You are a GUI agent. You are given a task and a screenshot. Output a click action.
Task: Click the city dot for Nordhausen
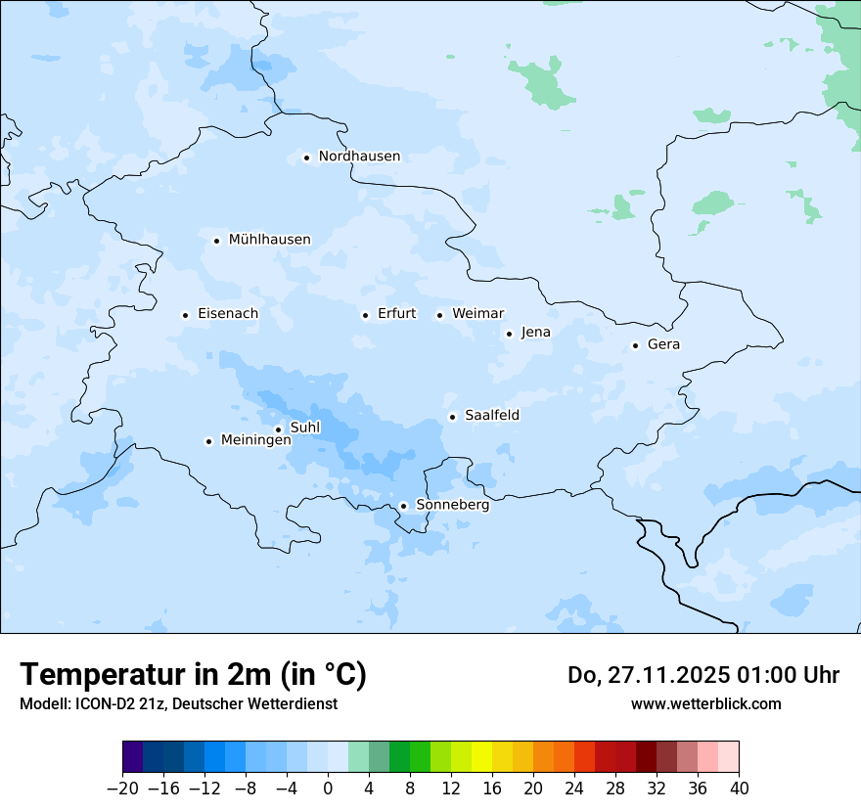pyautogui.click(x=306, y=157)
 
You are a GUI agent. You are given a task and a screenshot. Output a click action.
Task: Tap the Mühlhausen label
pyautogui.click(x=269, y=240)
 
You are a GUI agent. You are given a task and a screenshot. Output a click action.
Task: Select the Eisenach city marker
pyautogui.click(x=185, y=315)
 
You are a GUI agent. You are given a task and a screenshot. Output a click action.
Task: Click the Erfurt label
pyautogui.click(x=396, y=314)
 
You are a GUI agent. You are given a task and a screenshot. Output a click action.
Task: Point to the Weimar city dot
pyautogui.click(x=439, y=315)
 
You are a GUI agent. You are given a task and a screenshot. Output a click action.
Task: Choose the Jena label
pyautogui.click(x=535, y=333)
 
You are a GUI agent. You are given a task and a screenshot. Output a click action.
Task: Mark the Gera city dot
pyautogui.click(x=635, y=345)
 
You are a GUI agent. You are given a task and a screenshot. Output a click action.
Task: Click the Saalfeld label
pyautogui.click(x=491, y=416)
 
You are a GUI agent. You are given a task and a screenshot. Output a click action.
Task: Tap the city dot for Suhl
pyautogui.click(x=278, y=429)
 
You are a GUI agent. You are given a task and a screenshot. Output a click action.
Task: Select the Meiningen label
pyautogui.click(x=255, y=440)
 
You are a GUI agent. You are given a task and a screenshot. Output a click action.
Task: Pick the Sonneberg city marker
pyautogui.click(x=403, y=506)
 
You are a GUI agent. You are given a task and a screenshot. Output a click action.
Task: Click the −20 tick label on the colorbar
pyautogui.click(x=122, y=789)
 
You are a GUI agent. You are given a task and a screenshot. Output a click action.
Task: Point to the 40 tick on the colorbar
pyautogui.click(x=739, y=789)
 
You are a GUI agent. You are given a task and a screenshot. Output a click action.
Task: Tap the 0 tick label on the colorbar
pyautogui.click(x=328, y=789)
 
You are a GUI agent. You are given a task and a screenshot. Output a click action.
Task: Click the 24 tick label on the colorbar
pyautogui.click(x=574, y=789)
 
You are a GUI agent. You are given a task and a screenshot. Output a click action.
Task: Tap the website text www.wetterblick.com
pyautogui.click(x=705, y=703)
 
